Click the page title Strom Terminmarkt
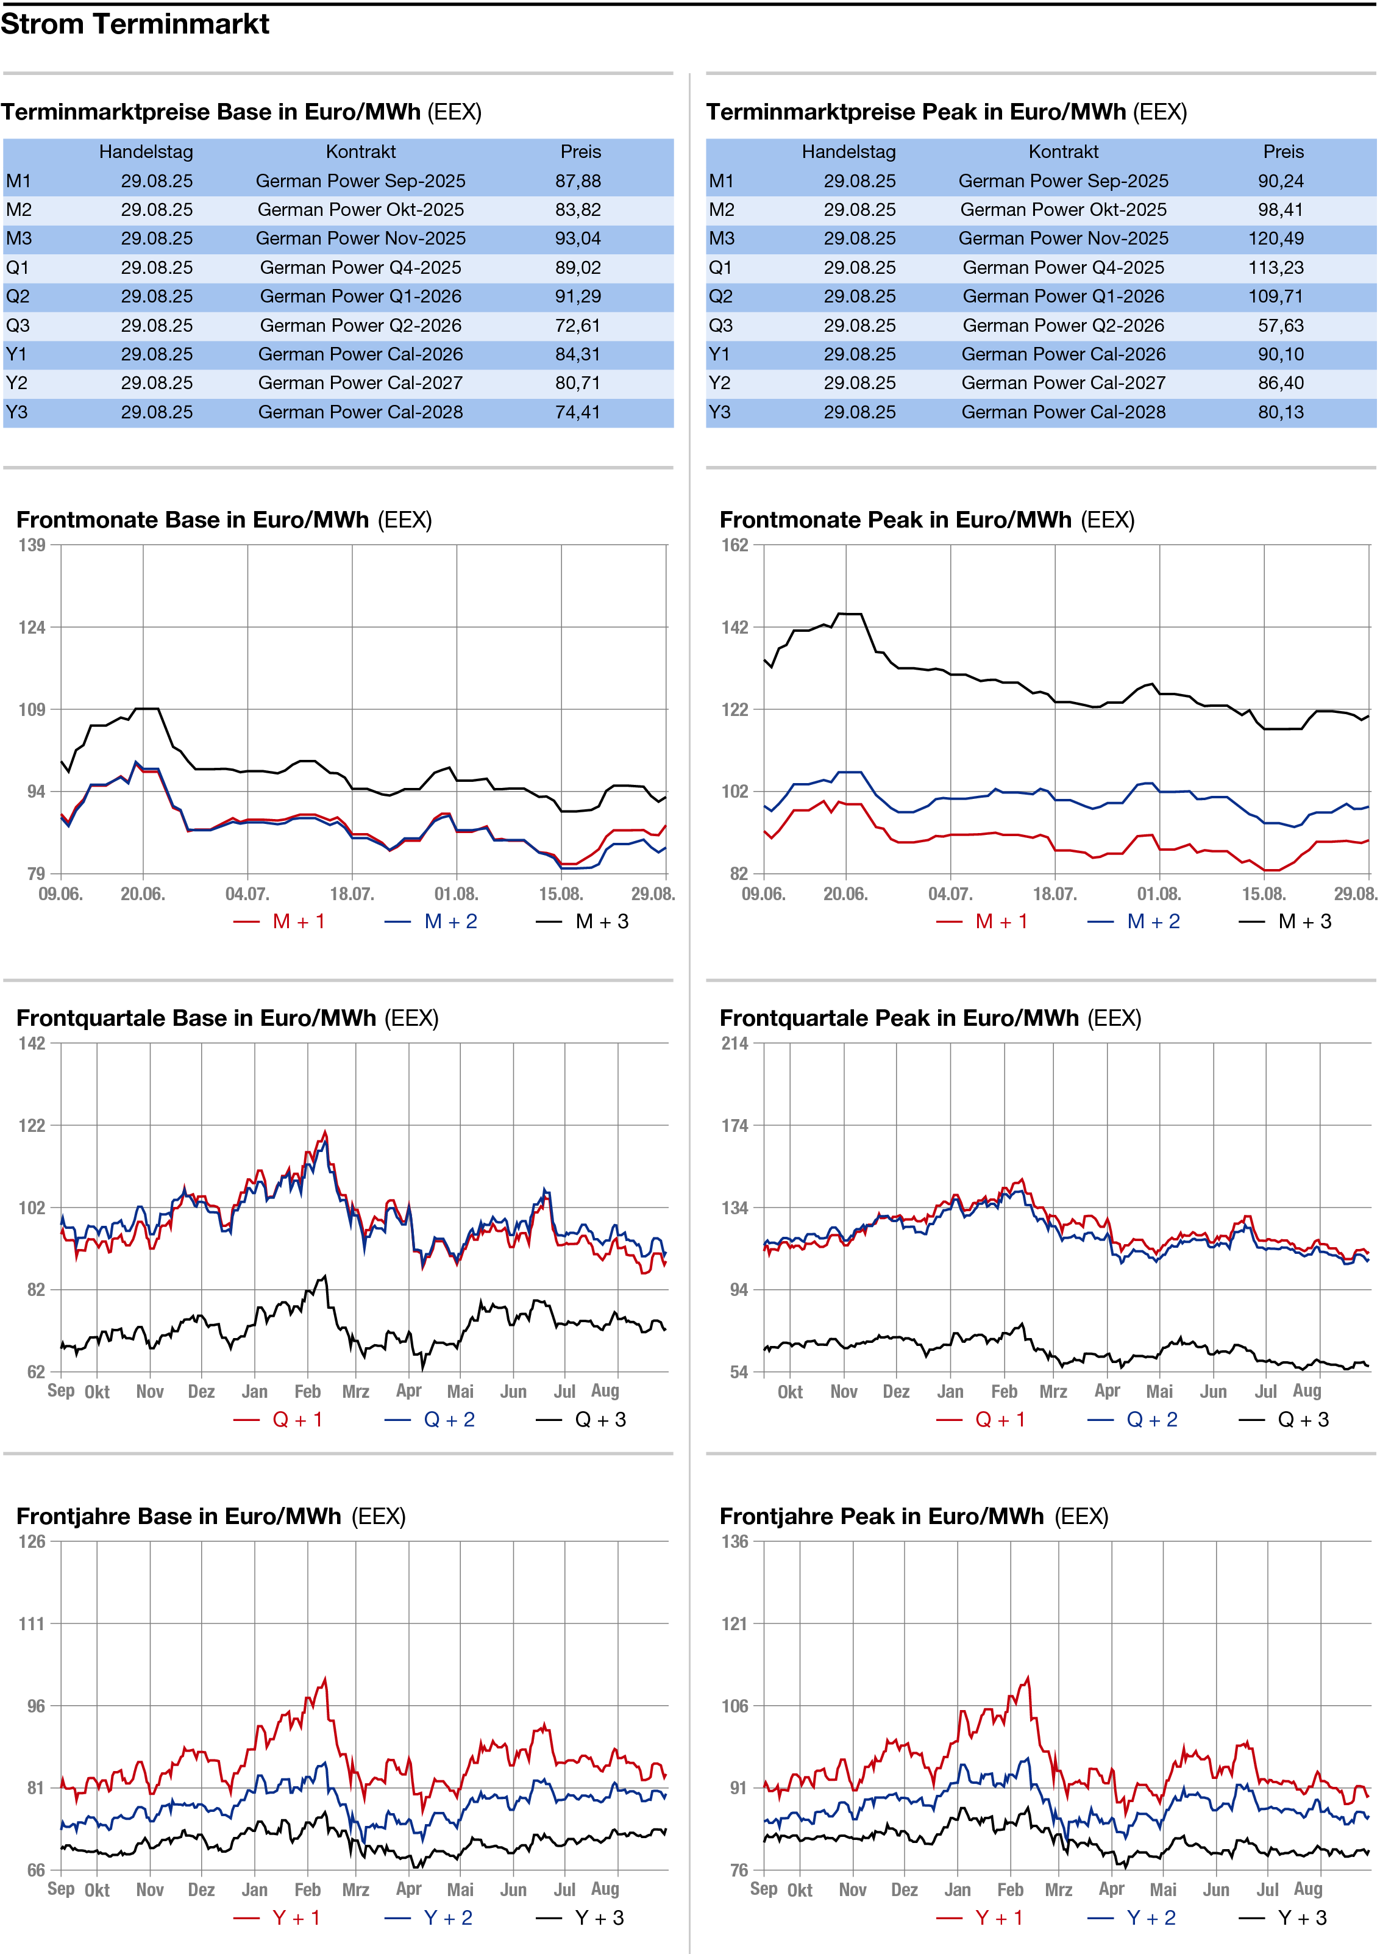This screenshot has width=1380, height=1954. click(x=135, y=24)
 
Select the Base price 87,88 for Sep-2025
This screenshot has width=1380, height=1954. click(x=578, y=181)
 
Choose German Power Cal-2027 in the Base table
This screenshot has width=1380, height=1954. click(x=361, y=384)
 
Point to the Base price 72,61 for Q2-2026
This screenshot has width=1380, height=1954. click(x=578, y=326)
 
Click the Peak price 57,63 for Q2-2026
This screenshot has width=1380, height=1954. click(x=1281, y=326)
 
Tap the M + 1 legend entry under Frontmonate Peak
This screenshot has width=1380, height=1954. click(x=982, y=922)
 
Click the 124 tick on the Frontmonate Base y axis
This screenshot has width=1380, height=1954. click(x=32, y=627)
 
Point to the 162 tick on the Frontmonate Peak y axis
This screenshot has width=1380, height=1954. click(x=735, y=545)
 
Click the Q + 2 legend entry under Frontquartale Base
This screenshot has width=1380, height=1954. click(x=430, y=1420)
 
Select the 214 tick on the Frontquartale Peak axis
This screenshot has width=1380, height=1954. click(x=735, y=1043)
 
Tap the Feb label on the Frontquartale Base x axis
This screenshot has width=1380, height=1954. click(x=307, y=1392)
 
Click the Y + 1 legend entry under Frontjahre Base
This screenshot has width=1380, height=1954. click(x=277, y=1917)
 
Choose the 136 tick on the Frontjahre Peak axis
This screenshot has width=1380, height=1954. click(x=735, y=1541)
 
